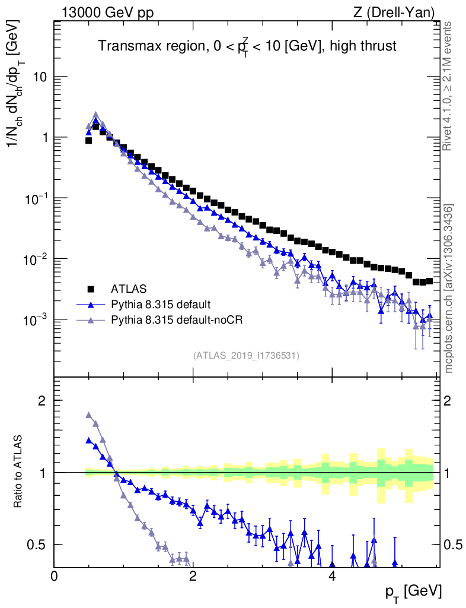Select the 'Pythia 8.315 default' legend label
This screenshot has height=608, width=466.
(x=161, y=305)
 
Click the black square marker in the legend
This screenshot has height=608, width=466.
(x=91, y=289)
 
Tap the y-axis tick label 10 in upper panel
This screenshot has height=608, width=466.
(x=40, y=77)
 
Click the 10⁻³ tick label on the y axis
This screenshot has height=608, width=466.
(x=34, y=319)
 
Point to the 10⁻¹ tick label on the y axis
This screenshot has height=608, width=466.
(x=34, y=198)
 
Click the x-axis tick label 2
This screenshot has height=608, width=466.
(x=193, y=576)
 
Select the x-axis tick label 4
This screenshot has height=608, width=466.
(x=332, y=576)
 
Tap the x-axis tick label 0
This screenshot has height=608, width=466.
(x=54, y=576)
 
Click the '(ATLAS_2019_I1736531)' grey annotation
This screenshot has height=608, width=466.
(x=246, y=356)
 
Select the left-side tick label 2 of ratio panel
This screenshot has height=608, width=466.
(x=42, y=400)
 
